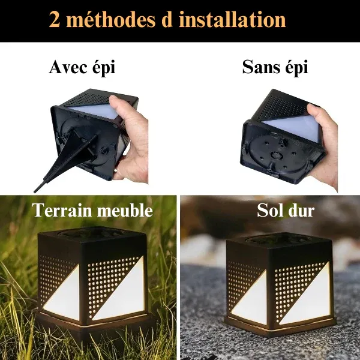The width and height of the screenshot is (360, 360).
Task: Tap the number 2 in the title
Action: tap(56, 20)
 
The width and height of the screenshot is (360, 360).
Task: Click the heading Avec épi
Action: tap(82, 68)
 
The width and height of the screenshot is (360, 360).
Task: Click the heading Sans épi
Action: tap(275, 68)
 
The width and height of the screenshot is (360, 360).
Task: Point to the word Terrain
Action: tap(63, 211)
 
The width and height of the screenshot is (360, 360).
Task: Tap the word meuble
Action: tap(125, 211)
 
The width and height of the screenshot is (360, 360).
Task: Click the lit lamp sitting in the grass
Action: tap(93, 279)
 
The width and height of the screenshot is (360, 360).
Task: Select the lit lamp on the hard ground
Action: tap(279, 279)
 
